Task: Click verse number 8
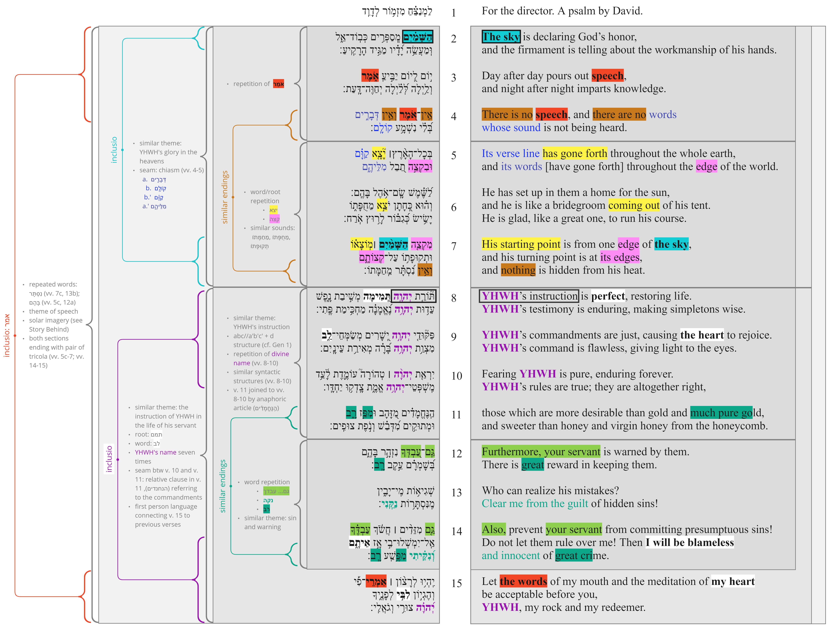[x=454, y=298]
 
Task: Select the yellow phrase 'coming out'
[x=634, y=205]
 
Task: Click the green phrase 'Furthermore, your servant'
[x=541, y=452]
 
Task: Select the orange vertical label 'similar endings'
[x=225, y=197]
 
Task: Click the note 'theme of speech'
[x=54, y=311]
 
